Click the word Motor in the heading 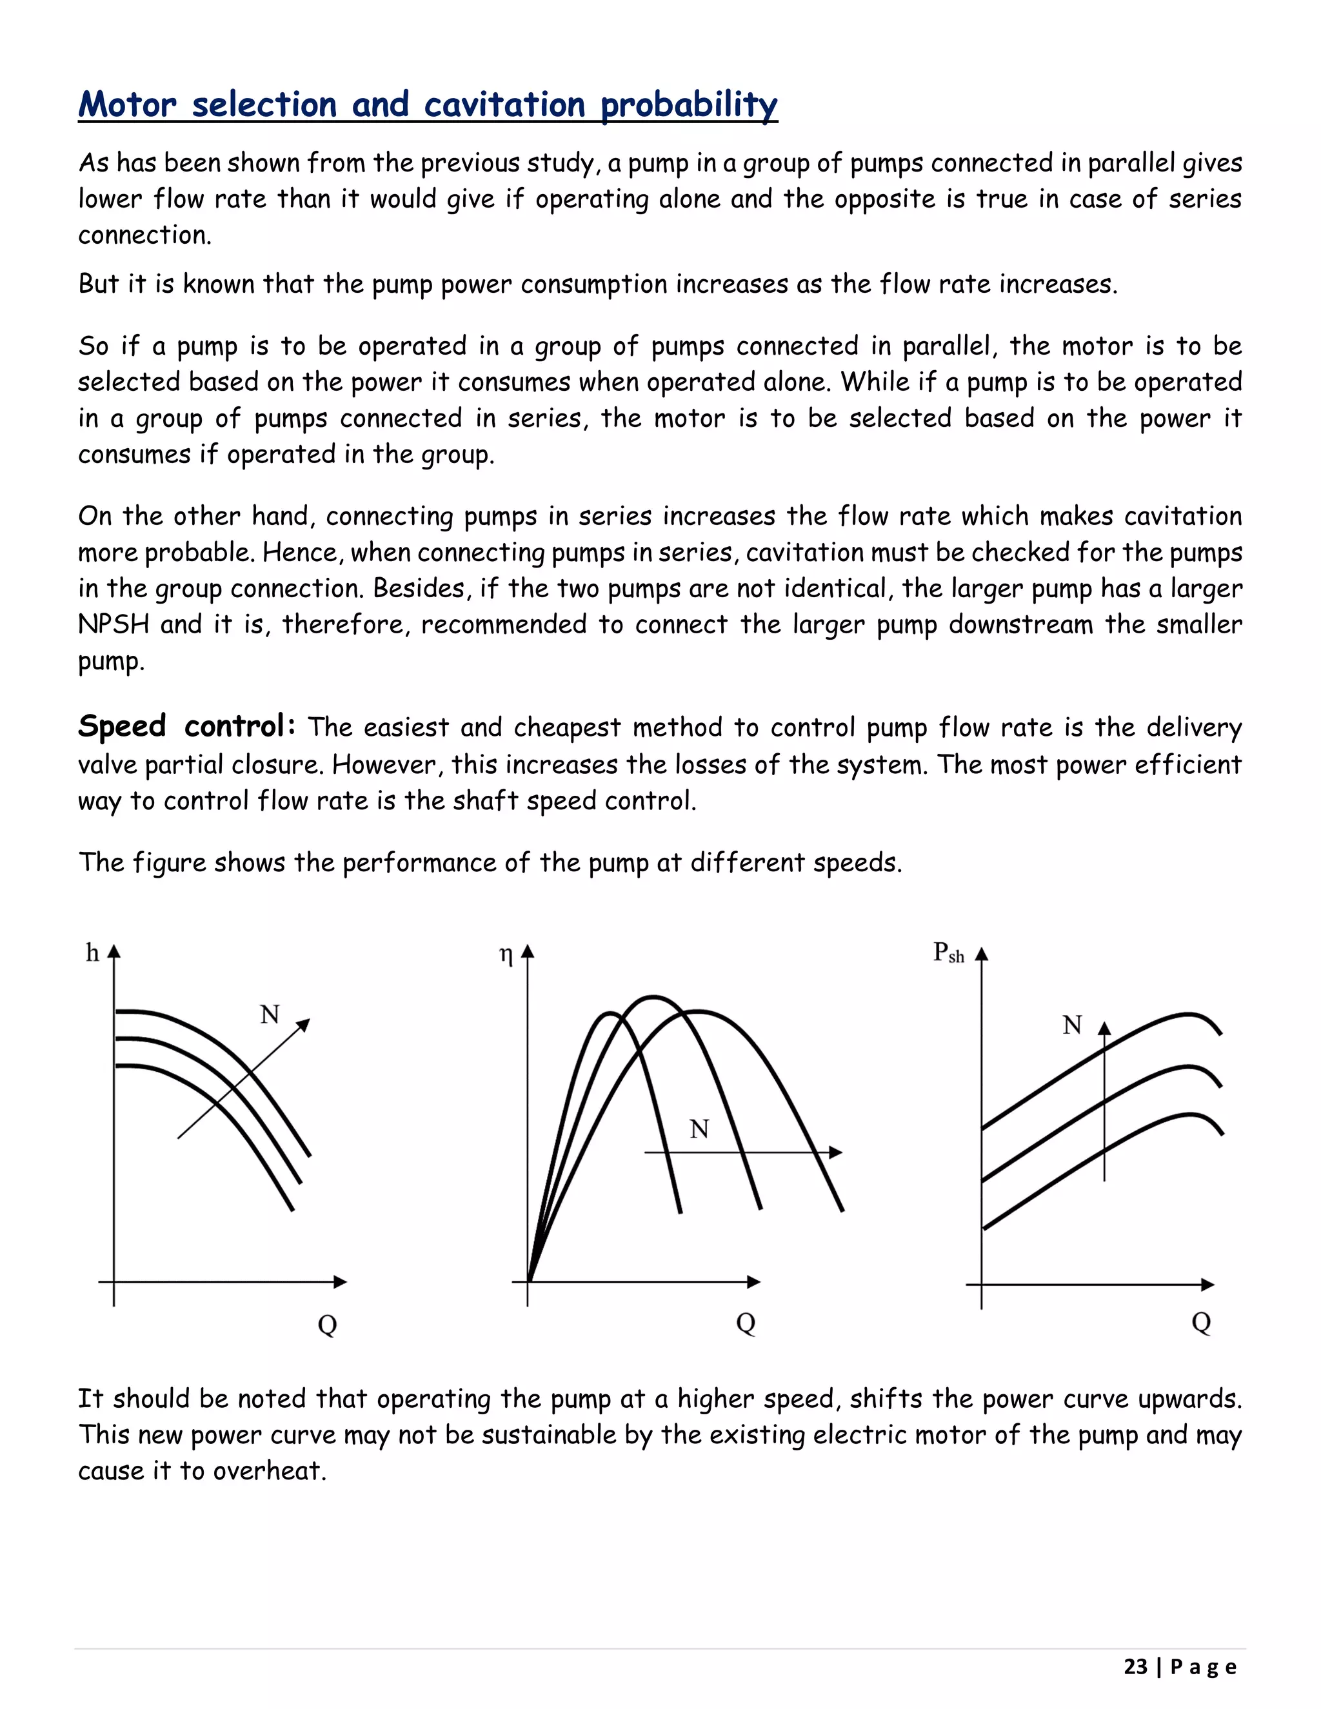(128, 105)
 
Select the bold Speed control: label (186, 726)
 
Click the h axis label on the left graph (92, 953)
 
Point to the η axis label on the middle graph (506, 954)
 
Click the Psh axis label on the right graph (948, 953)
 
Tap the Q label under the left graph (327, 1325)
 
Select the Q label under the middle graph (746, 1323)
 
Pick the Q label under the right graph (1201, 1323)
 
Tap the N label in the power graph (1072, 1025)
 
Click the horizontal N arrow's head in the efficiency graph (837, 1152)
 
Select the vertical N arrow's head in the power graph (1104, 1027)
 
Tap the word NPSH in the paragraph (114, 624)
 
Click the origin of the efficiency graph (528, 1282)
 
